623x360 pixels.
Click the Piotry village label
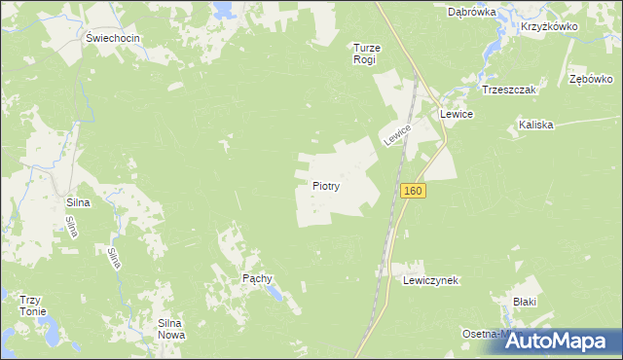pyautogui.click(x=325, y=185)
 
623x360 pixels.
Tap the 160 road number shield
pyautogui.click(x=413, y=191)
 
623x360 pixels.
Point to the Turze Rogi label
pyautogui.click(x=364, y=53)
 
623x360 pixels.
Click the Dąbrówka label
pyautogui.click(x=472, y=13)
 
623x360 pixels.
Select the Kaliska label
pyautogui.click(x=535, y=125)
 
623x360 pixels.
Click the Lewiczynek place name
pyautogui.click(x=430, y=279)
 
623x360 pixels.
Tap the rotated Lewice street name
pyautogui.click(x=397, y=134)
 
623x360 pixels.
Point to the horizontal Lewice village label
pyautogui.click(x=456, y=114)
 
